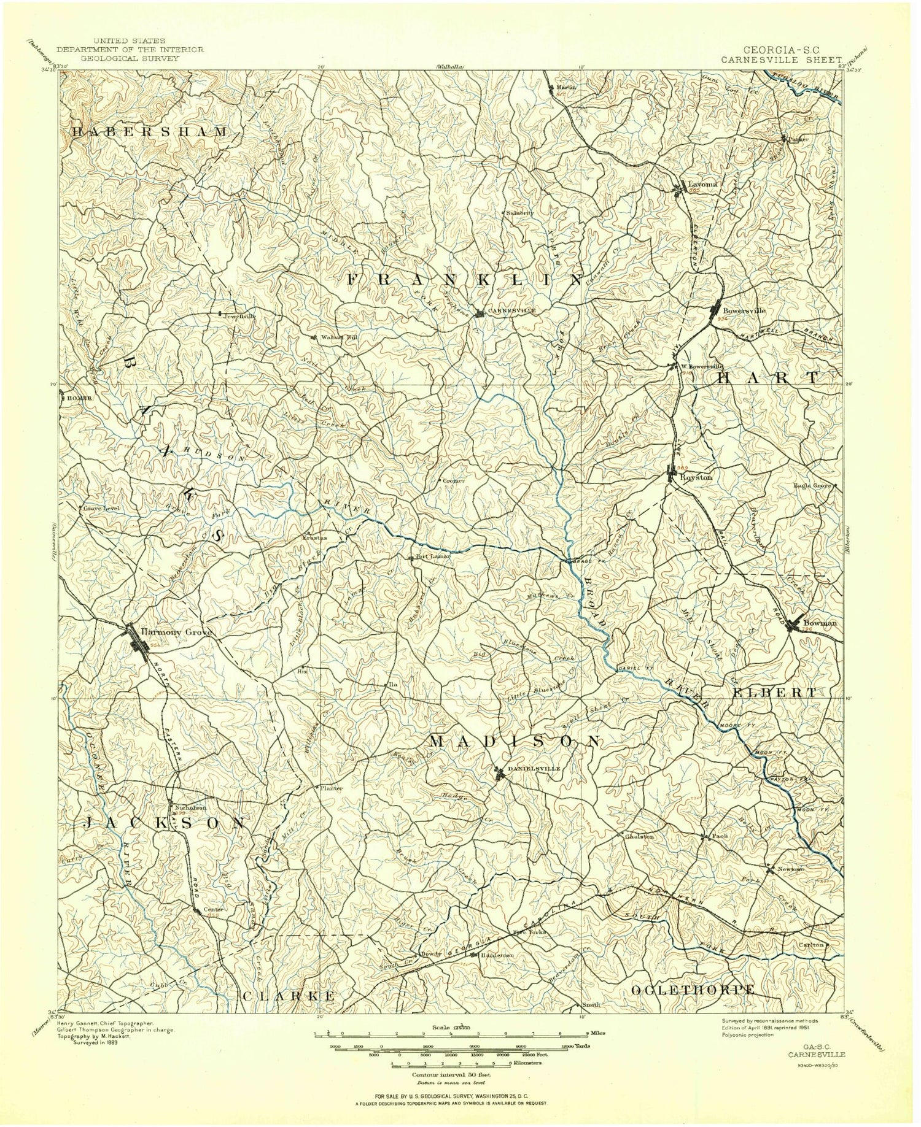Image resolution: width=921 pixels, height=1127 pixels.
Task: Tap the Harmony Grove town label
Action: [x=176, y=631]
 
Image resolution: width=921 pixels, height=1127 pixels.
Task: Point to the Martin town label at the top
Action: [x=567, y=87]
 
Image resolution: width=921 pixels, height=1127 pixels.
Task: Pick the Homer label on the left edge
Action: [x=79, y=398]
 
